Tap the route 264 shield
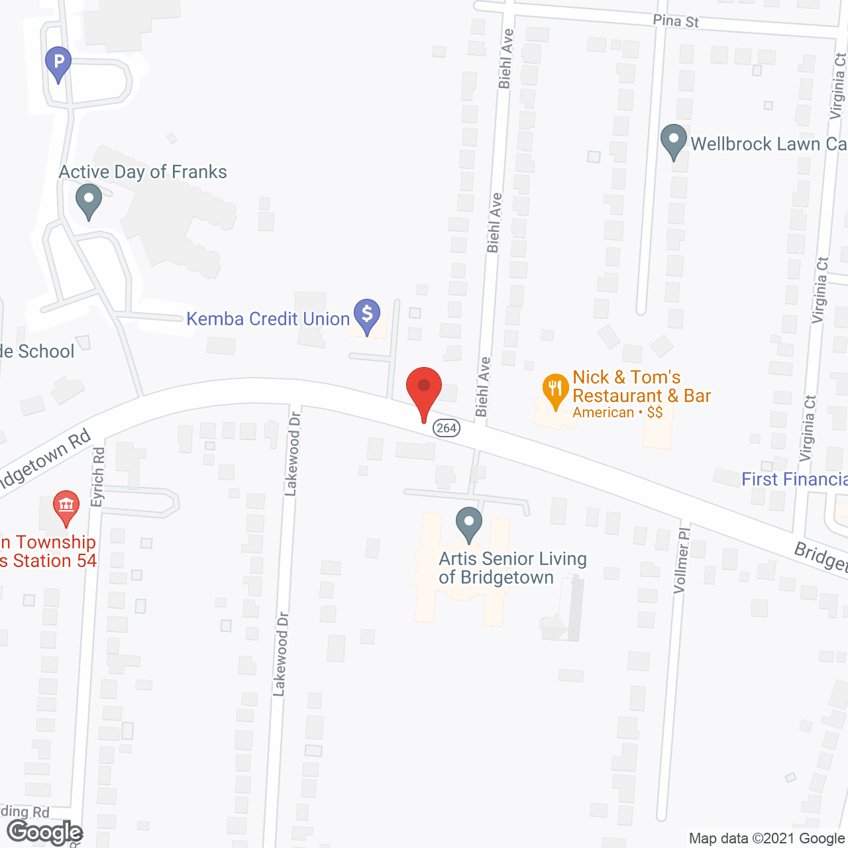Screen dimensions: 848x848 point(447,428)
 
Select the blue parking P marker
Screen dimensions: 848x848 point(58,63)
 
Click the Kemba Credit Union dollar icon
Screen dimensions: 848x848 point(366,315)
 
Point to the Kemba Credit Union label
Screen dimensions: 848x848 point(268,319)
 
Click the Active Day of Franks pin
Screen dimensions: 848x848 point(88,199)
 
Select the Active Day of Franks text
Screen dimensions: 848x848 point(143,172)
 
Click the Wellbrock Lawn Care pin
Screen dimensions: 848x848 point(674,140)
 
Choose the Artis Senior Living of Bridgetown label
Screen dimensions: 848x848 point(512,568)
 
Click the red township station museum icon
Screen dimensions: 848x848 point(66,506)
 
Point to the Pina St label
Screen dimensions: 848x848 point(676,21)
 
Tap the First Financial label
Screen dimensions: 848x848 point(794,479)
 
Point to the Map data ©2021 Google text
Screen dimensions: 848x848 point(767,838)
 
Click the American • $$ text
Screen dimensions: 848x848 point(617,412)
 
